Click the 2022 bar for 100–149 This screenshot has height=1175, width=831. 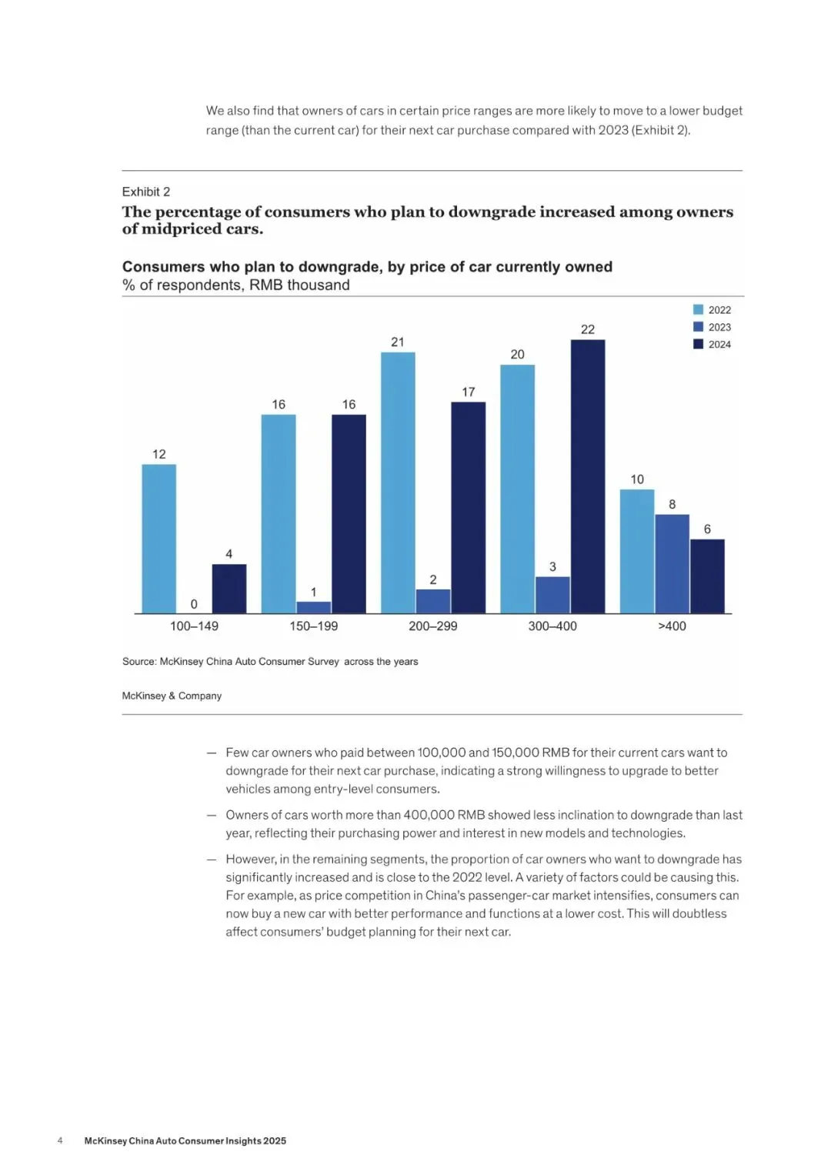click(x=159, y=539)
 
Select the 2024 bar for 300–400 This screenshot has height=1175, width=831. click(x=588, y=476)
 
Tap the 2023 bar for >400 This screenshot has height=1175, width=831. click(x=672, y=563)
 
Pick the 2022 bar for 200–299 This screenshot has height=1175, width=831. click(x=398, y=482)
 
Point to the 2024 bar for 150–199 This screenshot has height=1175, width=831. click(x=349, y=514)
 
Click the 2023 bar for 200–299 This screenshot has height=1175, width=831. click(x=433, y=601)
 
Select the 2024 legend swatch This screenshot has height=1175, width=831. click(x=698, y=344)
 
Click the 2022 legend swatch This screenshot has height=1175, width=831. click(x=698, y=309)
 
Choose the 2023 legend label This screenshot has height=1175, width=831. click(x=719, y=327)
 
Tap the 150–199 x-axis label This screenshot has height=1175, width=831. click(x=313, y=626)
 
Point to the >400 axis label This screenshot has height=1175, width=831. click(x=672, y=626)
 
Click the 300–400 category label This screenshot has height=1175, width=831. click(x=552, y=626)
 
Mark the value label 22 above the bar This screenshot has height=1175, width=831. click(x=588, y=329)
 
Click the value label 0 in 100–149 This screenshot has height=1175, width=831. click(x=194, y=604)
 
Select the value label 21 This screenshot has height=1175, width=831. click(x=398, y=342)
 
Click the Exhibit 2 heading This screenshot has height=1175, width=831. click(x=146, y=192)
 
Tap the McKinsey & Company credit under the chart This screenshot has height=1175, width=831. click(x=172, y=696)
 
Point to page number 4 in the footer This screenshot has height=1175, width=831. click(x=60, y=1140)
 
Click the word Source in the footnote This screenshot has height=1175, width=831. click(x=138, y=662)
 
